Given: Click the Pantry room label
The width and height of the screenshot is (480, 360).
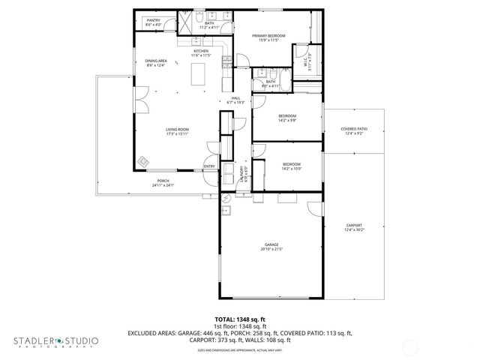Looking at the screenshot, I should click(x=154, y=20).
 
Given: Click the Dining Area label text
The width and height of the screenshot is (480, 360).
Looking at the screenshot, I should click(x=156, y=61).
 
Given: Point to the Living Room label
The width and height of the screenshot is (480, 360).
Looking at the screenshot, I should click(x=177, y=129).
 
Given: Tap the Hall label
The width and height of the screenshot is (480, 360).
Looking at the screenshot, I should click(x=235, y=98).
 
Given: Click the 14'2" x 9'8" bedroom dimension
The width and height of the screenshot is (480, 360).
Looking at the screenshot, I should click(x=288, y=120).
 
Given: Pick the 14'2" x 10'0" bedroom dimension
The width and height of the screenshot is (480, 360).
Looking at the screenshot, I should click(x=291, y=169).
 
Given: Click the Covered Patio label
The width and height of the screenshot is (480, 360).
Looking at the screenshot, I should click(x=354, y=129).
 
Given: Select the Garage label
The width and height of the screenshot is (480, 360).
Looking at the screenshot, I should click(x=271, y=244).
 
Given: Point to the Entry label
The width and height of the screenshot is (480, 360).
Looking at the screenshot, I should click(x=209, y=166).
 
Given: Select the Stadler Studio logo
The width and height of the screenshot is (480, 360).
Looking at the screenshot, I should click(x=55, y=342).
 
